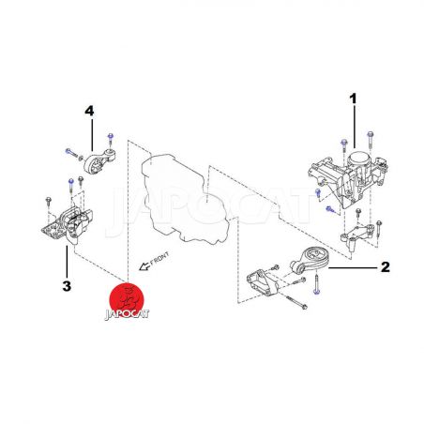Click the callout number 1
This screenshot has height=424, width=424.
click(x=353, y=98)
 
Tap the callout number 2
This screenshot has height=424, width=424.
click(x=386, y=267)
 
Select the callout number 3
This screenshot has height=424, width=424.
click(x=67, y=286)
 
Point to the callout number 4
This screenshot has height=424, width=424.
click(x=89, y=111)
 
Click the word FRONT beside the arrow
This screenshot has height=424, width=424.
click(x=159, y=259)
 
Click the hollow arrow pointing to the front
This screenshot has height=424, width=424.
click(x=144, y=266)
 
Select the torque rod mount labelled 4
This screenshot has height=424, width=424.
click(x=99, y=161)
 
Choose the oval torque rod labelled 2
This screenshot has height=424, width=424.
click(x=310, y=260)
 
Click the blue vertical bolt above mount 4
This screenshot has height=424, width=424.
click(x=110, y=140)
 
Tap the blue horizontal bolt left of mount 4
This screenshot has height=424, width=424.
click(x=71, y=153)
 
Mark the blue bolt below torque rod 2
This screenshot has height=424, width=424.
click(x=316, y=284)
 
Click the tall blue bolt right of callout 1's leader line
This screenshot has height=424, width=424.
click(x=371, y=139)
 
